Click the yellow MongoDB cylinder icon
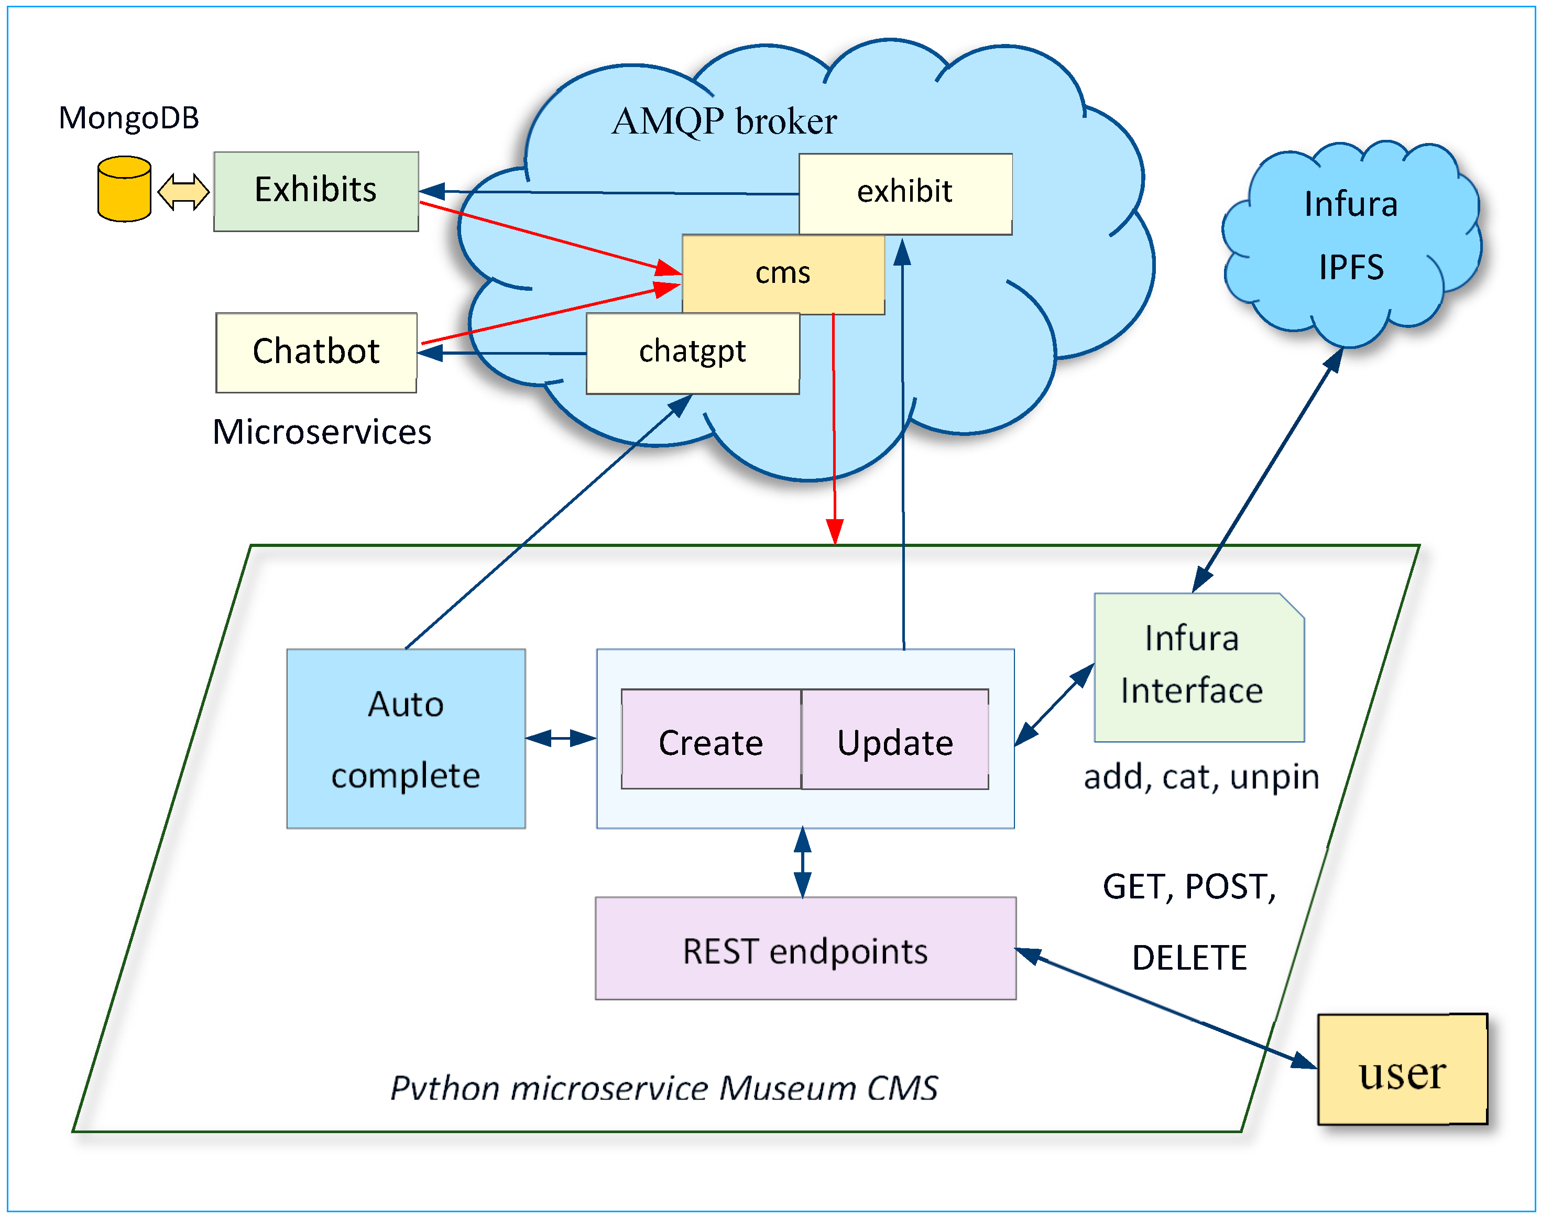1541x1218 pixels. click(124, 189)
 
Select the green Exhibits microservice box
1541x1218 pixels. click(316, 191)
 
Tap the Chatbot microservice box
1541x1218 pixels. click(316, 352)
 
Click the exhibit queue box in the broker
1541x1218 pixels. click(904, 193)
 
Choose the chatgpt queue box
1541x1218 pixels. click(692, 353)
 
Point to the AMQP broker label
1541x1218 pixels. click(724, 121)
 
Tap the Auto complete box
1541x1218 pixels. click(406, 738)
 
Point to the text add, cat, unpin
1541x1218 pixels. click(1201, 776)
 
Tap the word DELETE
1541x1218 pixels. click(1189, 957)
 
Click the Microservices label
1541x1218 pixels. click(322, 432)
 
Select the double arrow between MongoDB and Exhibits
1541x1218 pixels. click(183, 191)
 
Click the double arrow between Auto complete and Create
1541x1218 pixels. click(561, 738)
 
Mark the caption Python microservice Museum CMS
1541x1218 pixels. click(663, 1088)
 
